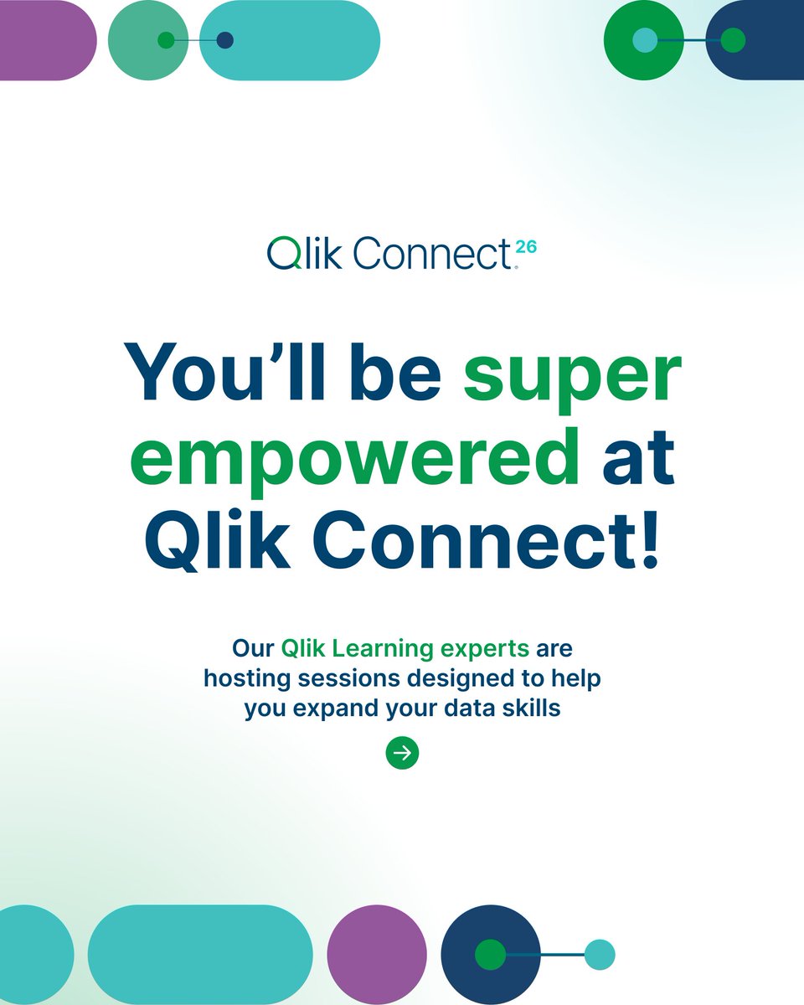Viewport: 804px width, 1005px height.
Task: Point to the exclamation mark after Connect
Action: click(x=647, y=542)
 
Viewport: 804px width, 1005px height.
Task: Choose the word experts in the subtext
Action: click(x=484, y=648)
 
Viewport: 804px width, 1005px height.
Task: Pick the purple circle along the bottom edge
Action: click(x=377, y=955)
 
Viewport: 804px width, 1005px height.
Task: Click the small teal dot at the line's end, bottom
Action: click(x=600, y=955)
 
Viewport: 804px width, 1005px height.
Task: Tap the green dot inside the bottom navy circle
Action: click(x=490, y=955)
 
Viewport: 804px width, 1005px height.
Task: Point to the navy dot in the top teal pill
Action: click(x=224, y=40)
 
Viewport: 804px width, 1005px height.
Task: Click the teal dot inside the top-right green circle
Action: click(x=645, y=40)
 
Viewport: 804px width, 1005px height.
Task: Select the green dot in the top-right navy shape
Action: click(x=733, y=40)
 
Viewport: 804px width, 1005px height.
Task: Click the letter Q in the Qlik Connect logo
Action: click(x=282, y=253)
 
